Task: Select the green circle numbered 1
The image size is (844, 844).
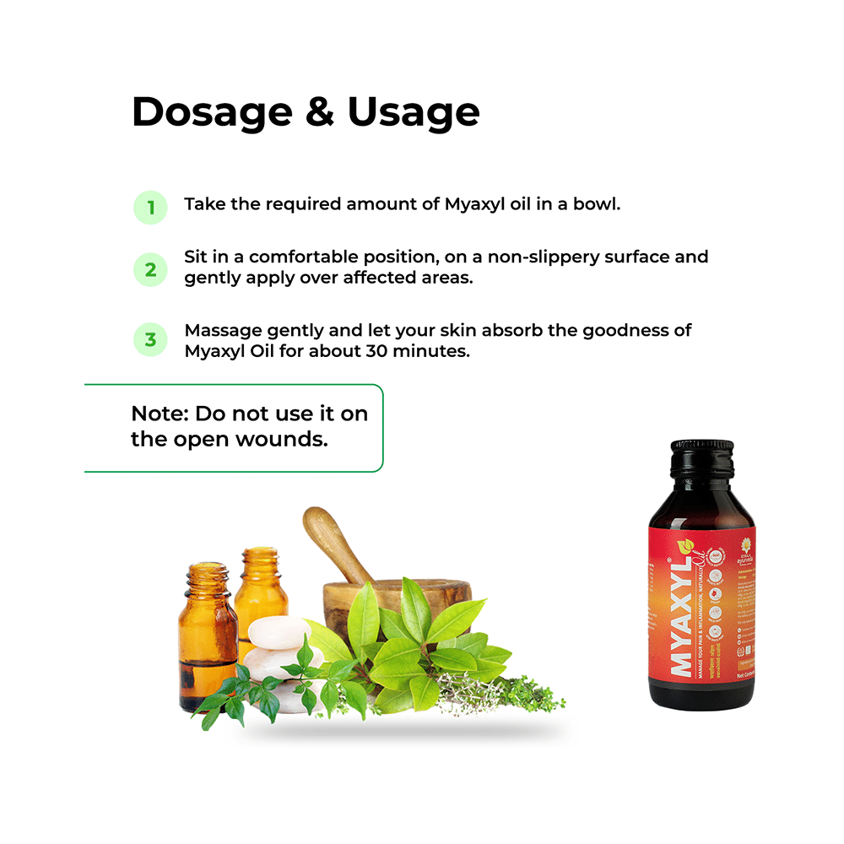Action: tap(151, 207)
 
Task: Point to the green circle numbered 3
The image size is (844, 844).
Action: tap(151, 340)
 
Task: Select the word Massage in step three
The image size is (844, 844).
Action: tap(221, 330)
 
